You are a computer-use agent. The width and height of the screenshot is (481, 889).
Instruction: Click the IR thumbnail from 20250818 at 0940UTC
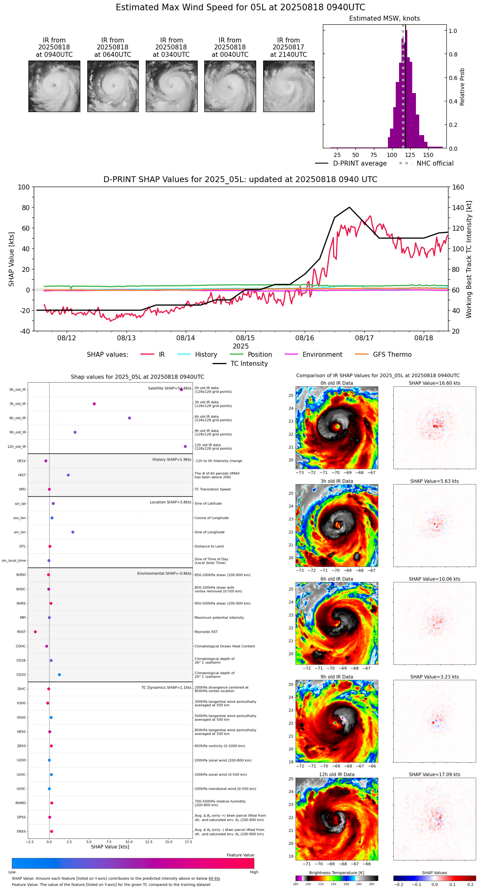(x=54, y=86)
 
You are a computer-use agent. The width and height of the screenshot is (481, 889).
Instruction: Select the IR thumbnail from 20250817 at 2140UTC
(x=289, y=86)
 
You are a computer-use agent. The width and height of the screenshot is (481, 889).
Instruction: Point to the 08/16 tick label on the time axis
(x=305, y=338)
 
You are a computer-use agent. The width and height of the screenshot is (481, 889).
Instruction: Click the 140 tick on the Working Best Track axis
(x=458, y=208)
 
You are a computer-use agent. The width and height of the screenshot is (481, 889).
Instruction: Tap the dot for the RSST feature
(x=35, y=632)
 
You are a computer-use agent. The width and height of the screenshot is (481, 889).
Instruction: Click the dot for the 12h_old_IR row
(x=185, y=447)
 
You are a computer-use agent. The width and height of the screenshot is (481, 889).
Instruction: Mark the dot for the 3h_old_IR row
(x=94, y=404)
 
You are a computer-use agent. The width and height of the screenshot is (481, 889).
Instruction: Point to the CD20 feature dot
(x=59, y=675)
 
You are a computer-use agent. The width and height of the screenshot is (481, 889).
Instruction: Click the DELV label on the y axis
(x=21, y=461)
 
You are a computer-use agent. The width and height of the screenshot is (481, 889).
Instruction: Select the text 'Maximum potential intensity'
(x=219, y=618)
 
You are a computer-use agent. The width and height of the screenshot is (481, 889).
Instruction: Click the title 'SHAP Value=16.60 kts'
(x=434, y=383)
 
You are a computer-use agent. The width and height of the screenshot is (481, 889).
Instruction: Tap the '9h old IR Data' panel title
(x=336, y=677)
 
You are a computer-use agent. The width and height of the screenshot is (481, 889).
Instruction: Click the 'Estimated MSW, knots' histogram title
(x=384, y=19)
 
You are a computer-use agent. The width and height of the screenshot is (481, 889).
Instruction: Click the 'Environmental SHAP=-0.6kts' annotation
(x=164, y=573)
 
